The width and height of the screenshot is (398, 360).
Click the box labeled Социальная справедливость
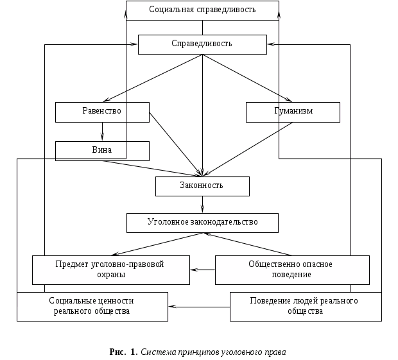click(x=203, y=10)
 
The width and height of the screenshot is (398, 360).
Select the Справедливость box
click(x=203, y=44)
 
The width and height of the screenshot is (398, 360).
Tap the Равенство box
click(x=102, y=112)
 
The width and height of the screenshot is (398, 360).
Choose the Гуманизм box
click(x=293, y=112)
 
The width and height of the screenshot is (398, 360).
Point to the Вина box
click(x=102, y=151)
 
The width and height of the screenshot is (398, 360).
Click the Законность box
click(x=202, y=186)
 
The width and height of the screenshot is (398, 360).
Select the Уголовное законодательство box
click(x=203, y=223)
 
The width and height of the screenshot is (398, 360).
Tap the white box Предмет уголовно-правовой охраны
click(x=111, y=270)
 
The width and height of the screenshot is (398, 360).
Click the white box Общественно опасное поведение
click(x=292, y=270)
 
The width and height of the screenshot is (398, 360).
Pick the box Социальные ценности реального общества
click(x=92, y=306)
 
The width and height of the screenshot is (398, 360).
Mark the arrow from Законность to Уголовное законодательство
click(x=203, y=205)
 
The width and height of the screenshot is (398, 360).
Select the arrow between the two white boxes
click(x=202, y=270)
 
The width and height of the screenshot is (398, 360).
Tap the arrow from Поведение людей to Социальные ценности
click(x=199, y=307)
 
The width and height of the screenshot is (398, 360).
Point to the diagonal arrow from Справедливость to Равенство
click(x=154, y=78)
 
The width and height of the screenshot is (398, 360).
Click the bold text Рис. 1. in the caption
click(x=123, y=352)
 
